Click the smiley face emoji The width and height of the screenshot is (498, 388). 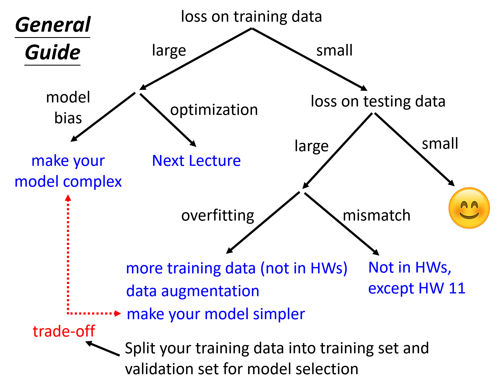(x=469, y=208)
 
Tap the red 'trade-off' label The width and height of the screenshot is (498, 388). (x=64, y=331)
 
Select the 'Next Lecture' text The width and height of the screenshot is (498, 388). (x=196, y=161)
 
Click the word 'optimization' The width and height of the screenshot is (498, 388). (x=214, y=110)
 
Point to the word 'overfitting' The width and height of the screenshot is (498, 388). (x=218, y=216)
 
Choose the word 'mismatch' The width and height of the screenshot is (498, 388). (x=376, y=216)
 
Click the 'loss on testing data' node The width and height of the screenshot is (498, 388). (x=378, y=101)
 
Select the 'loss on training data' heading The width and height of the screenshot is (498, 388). (x=251, y=17)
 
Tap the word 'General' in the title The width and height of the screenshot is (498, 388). (x=53, y=25)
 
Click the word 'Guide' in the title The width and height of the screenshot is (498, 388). (x=53, y=52)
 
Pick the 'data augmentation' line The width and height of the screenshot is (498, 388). (x=193, y=291)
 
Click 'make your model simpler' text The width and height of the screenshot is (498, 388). (x=216, y=314)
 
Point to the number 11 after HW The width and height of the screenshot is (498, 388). (x=457, y=288)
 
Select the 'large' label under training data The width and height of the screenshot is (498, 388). (x=169, y=51)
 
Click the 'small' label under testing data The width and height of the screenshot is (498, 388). (x=440, y=144)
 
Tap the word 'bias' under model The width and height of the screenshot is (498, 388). (x=68, y=118)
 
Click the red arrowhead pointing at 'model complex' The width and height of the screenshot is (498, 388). (x=68, y=198)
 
